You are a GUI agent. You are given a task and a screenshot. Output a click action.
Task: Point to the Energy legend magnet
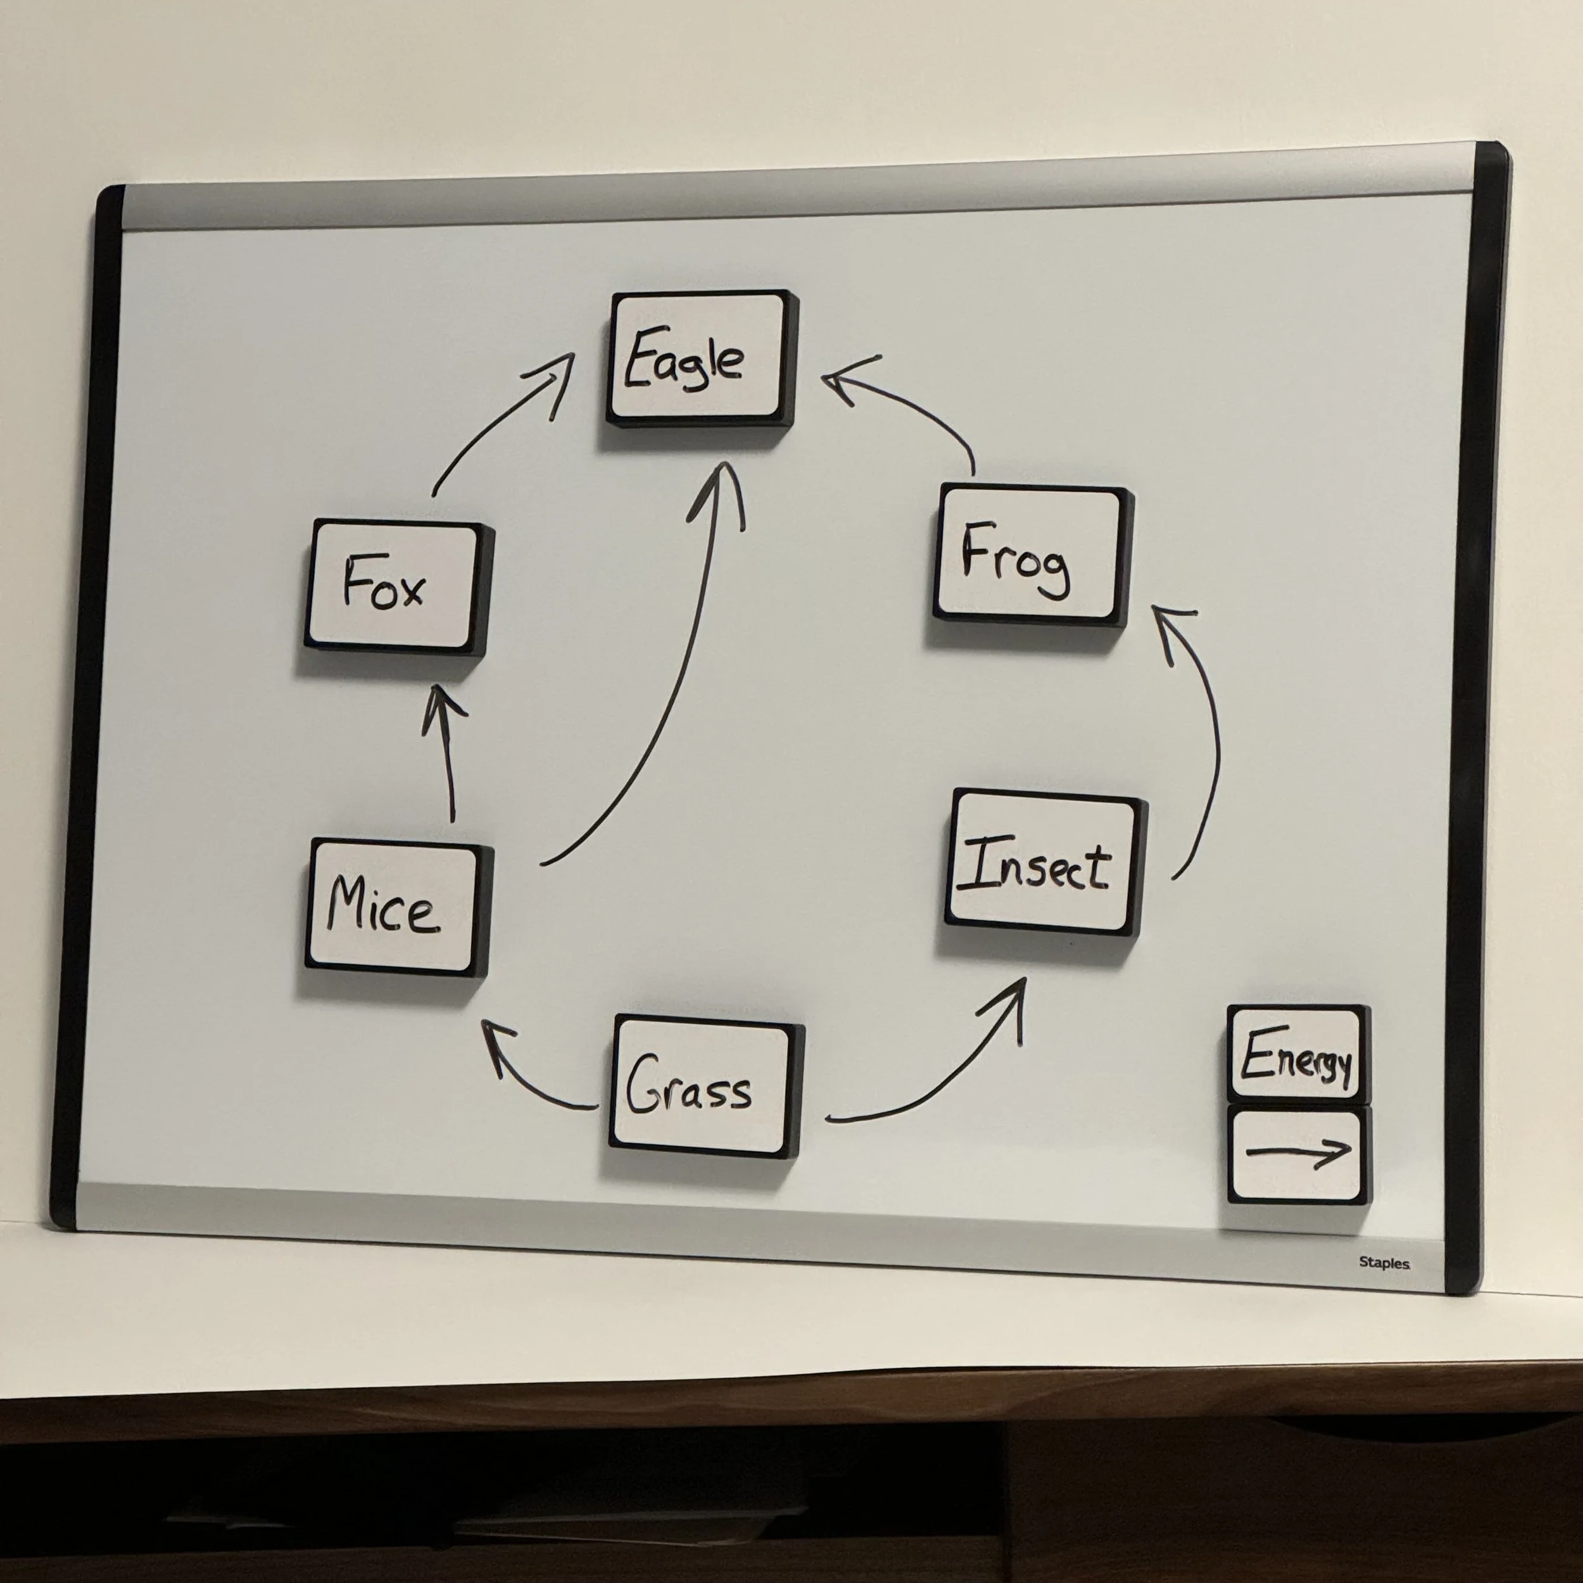1296,1054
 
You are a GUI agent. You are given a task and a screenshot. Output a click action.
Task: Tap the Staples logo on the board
1384,1263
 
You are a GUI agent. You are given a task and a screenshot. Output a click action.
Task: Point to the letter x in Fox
410,591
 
